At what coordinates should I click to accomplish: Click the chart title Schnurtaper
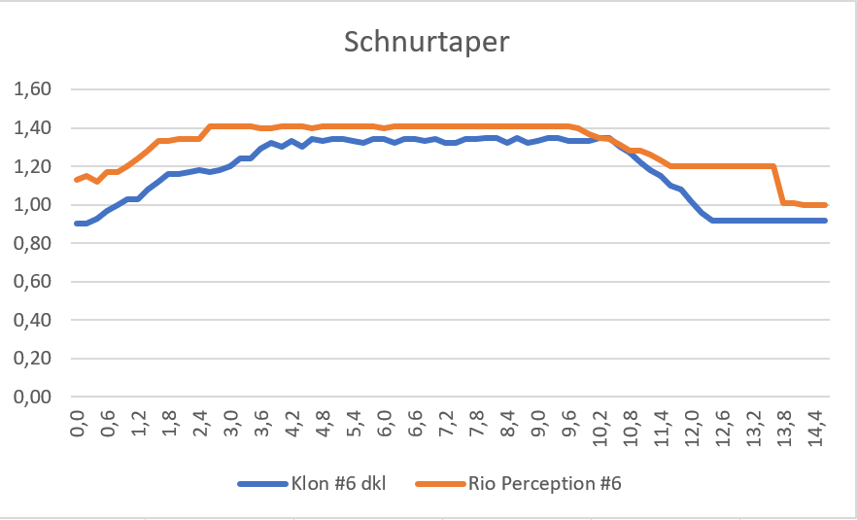428,44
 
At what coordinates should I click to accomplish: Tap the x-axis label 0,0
79,426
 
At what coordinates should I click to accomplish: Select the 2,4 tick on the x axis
201,426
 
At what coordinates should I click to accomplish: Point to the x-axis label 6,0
386,426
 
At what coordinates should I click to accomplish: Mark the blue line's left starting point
77,224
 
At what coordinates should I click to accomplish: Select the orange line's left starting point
77,180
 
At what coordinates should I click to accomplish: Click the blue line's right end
826,221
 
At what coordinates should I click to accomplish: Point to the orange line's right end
826,205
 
